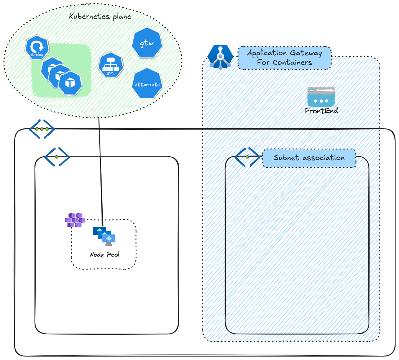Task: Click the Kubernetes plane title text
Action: pyautogui.click(x=100, y=16)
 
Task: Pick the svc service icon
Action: pyautogui.click(x=110, y=65)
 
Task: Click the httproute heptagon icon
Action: pyautogui.click(x=147, y=84)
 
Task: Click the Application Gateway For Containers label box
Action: pyautogui.click(x=284, y=58)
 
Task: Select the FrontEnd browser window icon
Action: pyautogui.click(x=321, y=97)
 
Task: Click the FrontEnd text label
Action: pyautogui.click(x=321, y=111)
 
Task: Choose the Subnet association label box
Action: pyautogui.click(x=309, y=158)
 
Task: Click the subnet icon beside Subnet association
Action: pyautogui.click(x=247, y=157)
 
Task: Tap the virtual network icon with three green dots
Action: pyautogui.click(x=42, y=129)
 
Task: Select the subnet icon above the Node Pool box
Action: pyautogui.click(x=57, y=157)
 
